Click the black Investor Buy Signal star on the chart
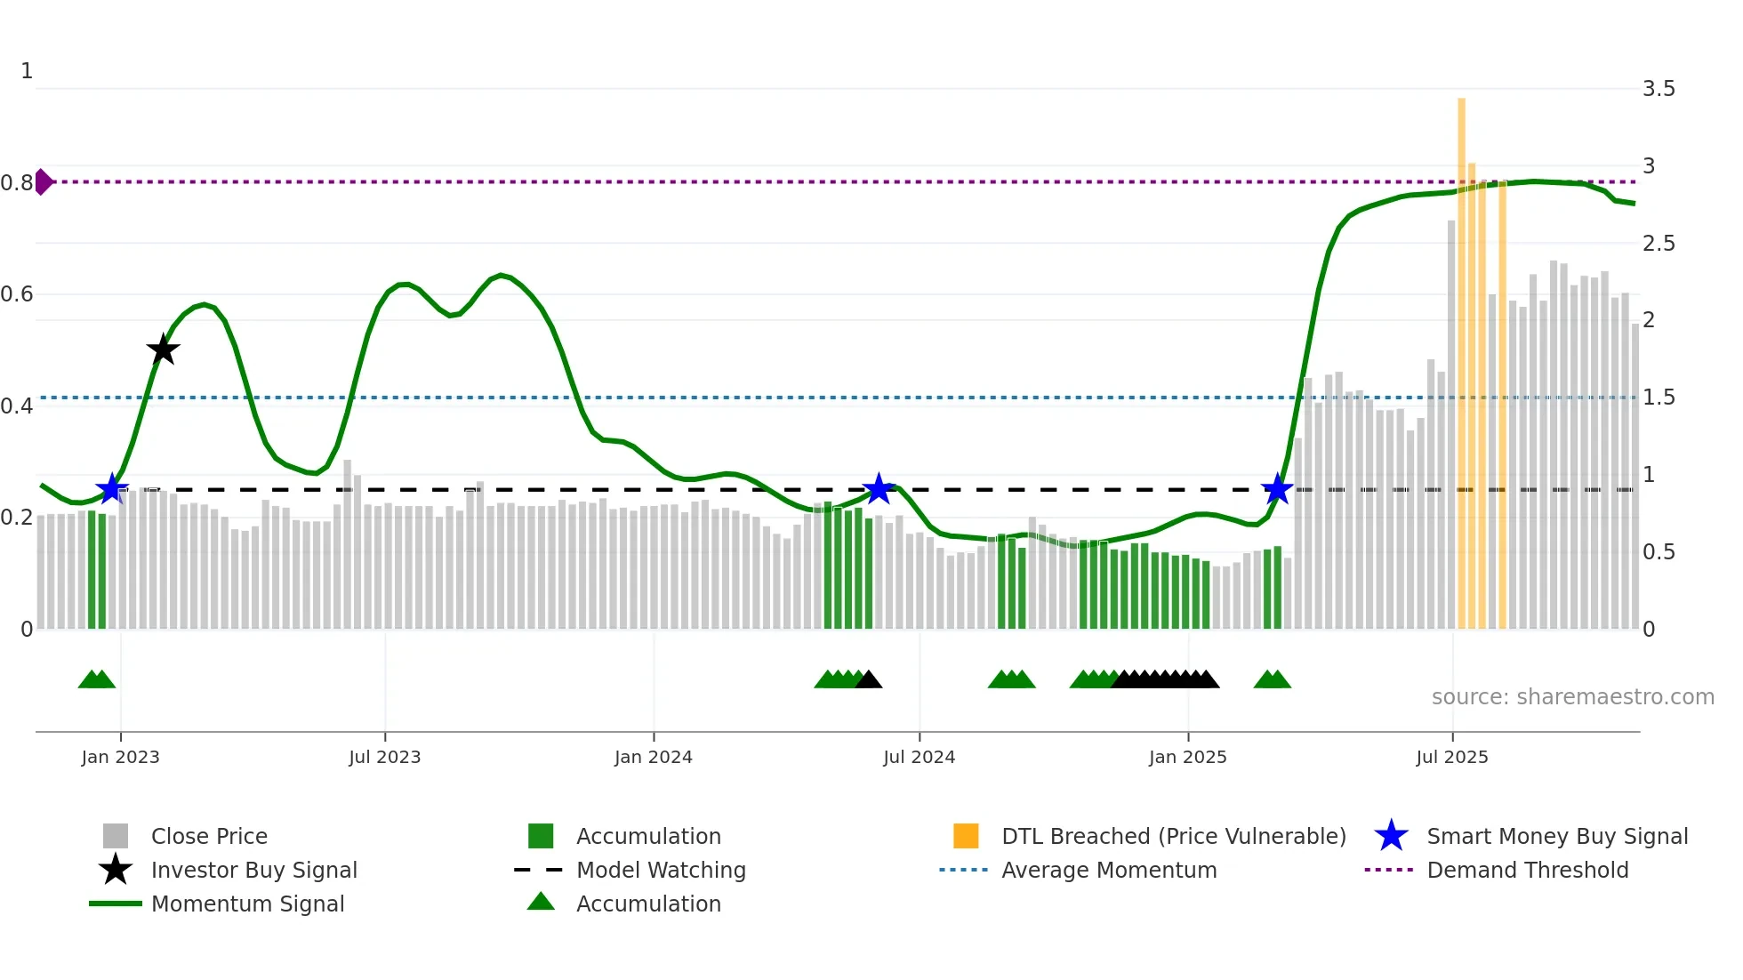pos(163,350)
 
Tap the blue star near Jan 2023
pos(112,488)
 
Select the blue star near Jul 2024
pos(879,488)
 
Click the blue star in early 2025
pos(1277,488)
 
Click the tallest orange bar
pos(1461,356)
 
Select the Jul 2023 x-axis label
pos(384,757)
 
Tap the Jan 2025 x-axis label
pos(1187,757)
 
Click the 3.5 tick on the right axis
pos(1659,89)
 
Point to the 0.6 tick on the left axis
pos(17,294)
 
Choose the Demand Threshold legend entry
pos(1527,870)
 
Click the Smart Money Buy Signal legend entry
pos(1556,836)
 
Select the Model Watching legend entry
pos(660,870)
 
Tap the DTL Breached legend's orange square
pos(966,836)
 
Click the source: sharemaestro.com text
pos(1572,697)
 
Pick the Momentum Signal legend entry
pos(247,904)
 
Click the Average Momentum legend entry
pos(1108,870)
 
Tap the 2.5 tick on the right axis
pos(1659,244)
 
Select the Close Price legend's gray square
pos(116,836)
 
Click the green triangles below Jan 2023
pos(97,679)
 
